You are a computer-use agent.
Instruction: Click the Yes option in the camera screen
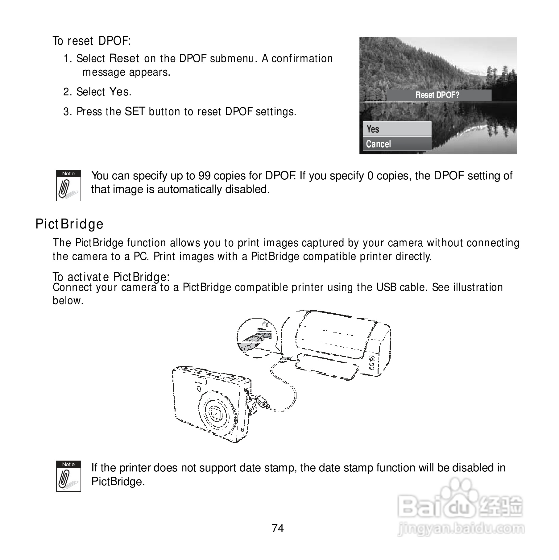pos(397,129)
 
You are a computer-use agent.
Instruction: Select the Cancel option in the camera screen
pos(397,144)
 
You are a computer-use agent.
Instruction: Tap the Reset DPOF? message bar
pos(438,95)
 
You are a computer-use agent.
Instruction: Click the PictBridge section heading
pos(69,224)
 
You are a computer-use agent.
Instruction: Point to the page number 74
pos(278,528)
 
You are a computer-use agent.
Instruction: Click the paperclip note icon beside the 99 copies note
pos(68,186)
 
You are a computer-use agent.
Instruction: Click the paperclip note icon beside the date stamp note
pos(68,476)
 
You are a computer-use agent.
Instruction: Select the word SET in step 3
pos(135,111)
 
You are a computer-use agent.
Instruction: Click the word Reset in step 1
pos(124,58)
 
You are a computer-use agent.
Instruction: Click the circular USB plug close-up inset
pos(257,338)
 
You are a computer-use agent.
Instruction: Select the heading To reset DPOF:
pos(92,41)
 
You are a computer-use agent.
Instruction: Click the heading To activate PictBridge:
pos(111,277)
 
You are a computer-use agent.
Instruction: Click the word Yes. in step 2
pos(120,92)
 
